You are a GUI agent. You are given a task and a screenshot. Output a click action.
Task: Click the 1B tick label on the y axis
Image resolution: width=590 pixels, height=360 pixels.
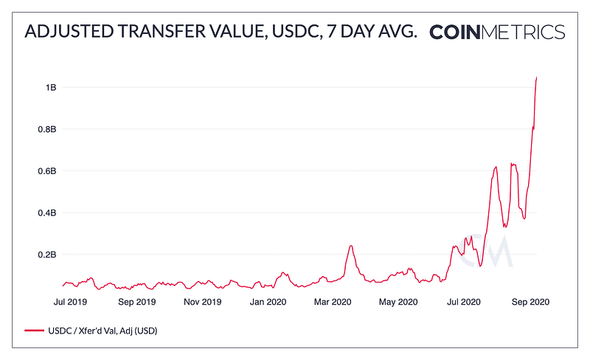click(51, 88)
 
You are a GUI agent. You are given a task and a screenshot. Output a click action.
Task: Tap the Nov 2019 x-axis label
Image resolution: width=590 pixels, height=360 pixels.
click(203, 302)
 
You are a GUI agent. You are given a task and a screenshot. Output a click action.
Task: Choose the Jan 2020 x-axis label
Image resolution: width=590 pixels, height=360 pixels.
click(268, 302)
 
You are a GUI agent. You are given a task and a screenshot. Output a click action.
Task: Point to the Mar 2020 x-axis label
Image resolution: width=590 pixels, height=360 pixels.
click(333, 302)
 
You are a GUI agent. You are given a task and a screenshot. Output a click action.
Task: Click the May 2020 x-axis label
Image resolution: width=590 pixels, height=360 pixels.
click(399, 302)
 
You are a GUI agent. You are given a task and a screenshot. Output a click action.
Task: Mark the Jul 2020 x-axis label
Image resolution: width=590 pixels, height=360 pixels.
click(464, 302)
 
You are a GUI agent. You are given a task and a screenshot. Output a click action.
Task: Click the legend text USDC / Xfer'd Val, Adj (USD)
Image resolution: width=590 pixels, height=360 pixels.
click(102, 331)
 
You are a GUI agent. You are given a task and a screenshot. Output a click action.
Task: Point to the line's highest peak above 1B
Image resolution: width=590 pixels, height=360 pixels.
click(536, 77)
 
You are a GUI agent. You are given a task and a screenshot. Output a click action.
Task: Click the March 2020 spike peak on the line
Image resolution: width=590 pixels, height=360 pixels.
click(351, 246)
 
